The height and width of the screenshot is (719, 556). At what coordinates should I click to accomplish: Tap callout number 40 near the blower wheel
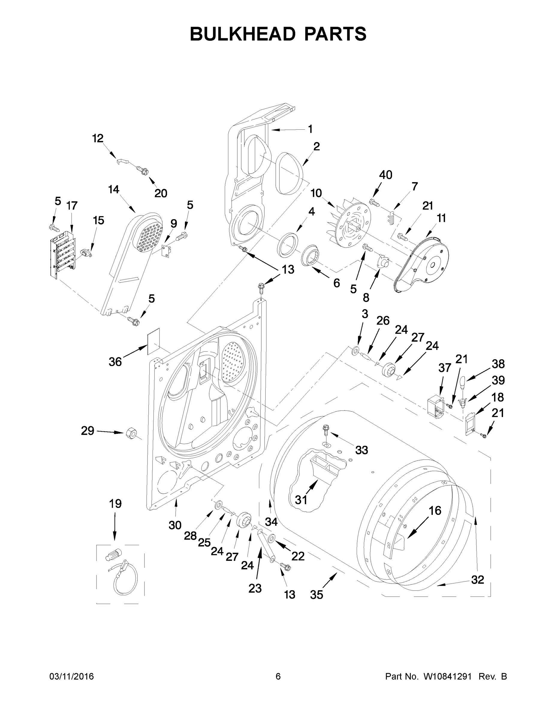385,175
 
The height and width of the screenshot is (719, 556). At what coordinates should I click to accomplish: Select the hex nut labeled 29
131,433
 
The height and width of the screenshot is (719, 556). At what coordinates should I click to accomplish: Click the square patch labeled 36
153,341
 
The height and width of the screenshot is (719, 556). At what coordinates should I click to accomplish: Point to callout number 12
97,139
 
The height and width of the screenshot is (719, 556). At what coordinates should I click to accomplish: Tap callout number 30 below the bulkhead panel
175,525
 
